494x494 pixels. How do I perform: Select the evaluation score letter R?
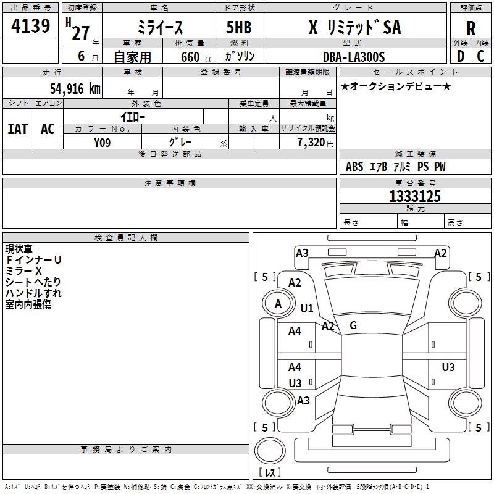(471, 28)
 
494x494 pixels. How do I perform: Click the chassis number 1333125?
(414, 196)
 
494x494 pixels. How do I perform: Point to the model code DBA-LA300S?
(354, 57)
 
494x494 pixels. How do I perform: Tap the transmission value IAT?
(17, 128)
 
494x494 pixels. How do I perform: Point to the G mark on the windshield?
(353, 325)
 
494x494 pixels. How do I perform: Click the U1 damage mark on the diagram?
(307, 308)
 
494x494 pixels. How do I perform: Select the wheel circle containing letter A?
(278, 304)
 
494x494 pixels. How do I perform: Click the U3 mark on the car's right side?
(448, 367)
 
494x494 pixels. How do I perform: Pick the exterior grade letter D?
(460, 56)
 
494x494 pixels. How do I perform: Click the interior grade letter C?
(480, 56)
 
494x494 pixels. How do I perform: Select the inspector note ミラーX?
(23, 271)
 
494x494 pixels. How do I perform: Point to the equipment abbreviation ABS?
(354, 167)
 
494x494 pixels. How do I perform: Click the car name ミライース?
(159, 28)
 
